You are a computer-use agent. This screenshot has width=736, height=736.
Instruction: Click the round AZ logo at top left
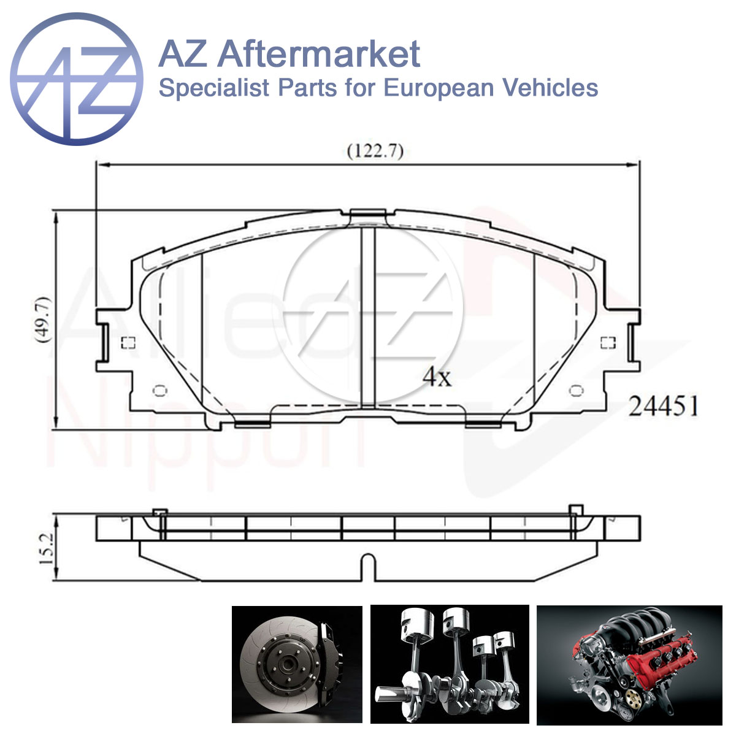point(77,79)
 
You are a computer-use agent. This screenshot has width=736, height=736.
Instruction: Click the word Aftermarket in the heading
point(319,54)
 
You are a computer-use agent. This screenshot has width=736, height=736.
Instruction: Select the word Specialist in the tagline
point(214,88)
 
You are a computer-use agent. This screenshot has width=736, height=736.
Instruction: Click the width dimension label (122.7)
point(375,151)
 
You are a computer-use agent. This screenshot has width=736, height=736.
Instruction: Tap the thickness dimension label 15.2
point(47,549)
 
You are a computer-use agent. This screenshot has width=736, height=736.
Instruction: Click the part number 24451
point(663,405)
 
